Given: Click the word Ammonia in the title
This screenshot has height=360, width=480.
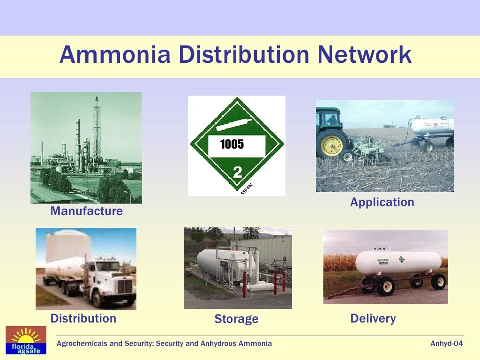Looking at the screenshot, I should pos(115,55).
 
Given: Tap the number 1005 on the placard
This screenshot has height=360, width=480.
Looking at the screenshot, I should pos(232,144).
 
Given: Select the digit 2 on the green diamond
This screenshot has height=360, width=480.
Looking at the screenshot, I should pos(238,172).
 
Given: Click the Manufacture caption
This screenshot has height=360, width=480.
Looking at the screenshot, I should pos(86,211).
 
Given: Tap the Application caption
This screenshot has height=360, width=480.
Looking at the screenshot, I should pos(382,202).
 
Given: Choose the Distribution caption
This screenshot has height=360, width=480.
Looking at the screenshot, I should pos(83,319).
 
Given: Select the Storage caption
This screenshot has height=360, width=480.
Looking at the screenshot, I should pos(236,319).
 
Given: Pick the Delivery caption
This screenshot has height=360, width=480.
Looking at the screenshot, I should pos(373,319).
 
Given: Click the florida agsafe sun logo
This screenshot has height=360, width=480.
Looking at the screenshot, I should pos(26,340).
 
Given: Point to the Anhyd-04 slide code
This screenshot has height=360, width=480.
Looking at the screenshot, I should pos(446,344).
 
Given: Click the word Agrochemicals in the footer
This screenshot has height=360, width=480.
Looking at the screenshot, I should pos(82,344).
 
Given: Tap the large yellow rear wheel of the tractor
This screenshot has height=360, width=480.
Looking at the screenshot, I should pos(332,142).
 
